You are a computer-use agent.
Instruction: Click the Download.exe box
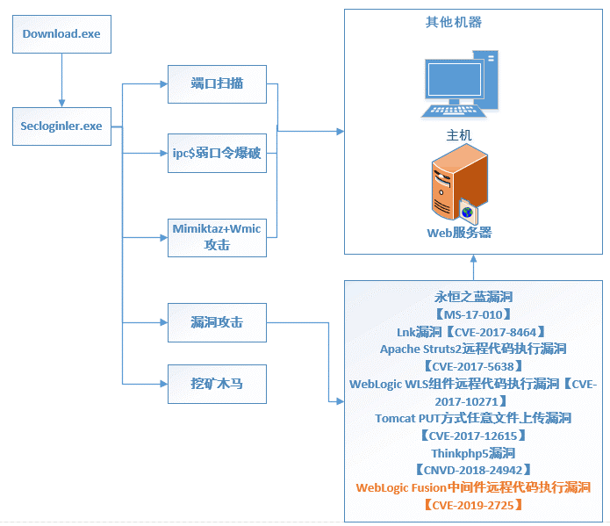61,35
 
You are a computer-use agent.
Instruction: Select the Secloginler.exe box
61,126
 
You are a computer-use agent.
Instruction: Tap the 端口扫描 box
217,84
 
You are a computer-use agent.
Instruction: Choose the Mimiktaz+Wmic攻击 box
217,237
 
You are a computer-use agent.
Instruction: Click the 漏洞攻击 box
217,323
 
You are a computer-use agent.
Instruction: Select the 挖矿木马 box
217,383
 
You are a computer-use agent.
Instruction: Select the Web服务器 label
459,233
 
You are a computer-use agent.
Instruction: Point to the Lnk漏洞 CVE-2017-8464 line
472,331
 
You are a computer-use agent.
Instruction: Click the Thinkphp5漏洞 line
472,452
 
